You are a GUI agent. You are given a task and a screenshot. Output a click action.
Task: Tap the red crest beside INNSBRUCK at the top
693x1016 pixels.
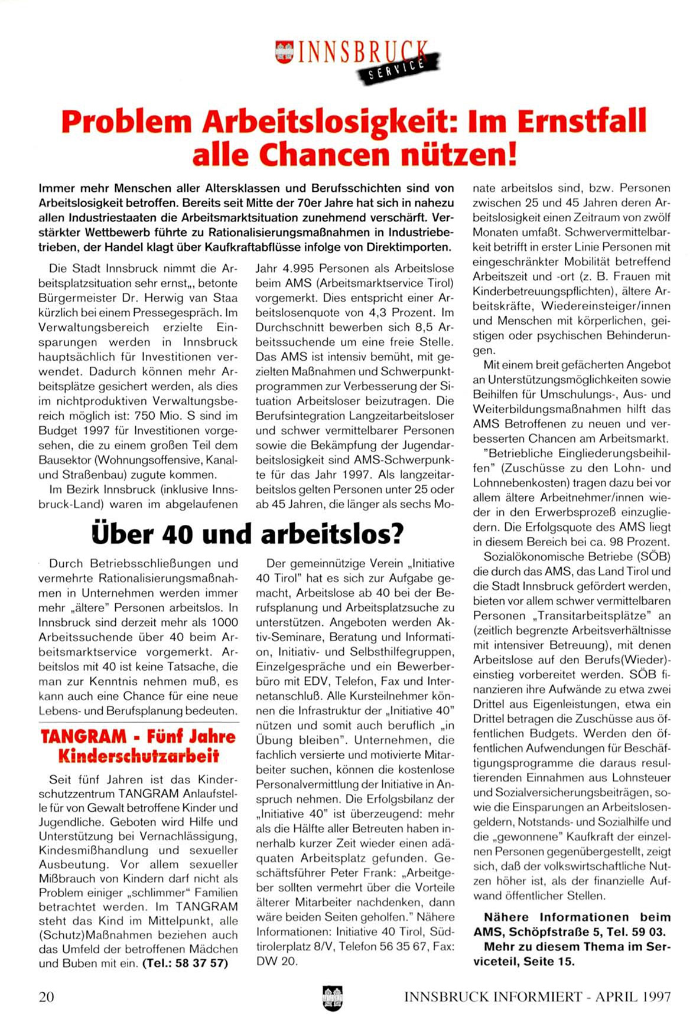(285, 51)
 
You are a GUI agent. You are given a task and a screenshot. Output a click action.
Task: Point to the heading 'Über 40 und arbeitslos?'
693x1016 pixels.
(248, 533)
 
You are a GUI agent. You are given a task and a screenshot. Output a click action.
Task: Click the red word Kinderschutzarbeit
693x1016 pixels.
(138, 756)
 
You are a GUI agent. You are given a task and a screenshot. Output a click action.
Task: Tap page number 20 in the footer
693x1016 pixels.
(46, 997)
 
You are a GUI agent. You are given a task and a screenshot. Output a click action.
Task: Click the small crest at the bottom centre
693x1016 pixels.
(333, 998)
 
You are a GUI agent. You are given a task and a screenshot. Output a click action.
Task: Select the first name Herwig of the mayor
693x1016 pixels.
(154, 298)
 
